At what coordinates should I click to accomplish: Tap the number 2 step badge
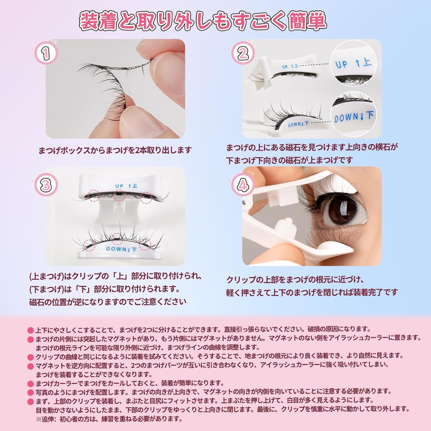point(243,54)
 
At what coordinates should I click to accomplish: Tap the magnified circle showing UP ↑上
point(353,64)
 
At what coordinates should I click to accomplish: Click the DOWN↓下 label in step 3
point(121,249)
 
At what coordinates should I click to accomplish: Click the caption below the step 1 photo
point(115,150)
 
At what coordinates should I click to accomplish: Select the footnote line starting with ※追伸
point(109,419)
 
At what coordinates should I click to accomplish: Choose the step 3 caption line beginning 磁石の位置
point(108,302)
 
